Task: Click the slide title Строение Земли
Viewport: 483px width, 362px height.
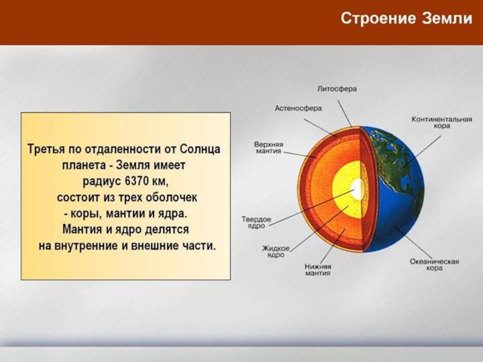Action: (406, 18)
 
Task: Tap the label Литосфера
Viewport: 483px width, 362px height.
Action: (337, 89)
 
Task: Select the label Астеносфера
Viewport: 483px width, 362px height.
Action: (298, 108)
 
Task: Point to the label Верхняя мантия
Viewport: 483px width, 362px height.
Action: (268, 147)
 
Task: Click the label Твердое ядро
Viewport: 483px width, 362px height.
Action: (256, 223)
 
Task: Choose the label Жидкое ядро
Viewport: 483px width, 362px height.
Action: (276, 251)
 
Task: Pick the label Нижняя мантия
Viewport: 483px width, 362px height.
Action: (318, 270)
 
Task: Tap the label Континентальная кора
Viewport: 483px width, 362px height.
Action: (442, 122)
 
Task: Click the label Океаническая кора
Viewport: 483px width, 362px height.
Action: (434, 265)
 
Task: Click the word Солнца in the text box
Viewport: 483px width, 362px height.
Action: (200, 149)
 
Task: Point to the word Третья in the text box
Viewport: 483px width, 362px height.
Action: (46, 149)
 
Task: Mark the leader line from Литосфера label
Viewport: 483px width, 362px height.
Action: (344, 113)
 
